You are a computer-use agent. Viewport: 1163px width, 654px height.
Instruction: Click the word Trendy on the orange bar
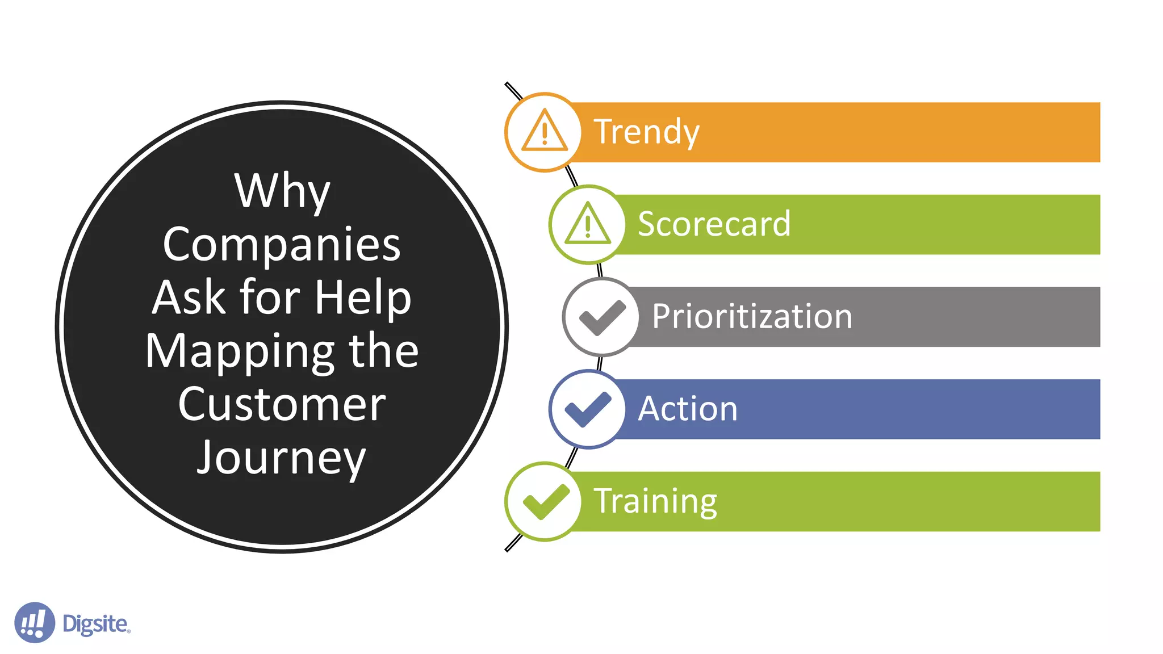click(x=646, y=132)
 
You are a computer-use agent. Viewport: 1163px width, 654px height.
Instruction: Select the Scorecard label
click(x=714, y=224)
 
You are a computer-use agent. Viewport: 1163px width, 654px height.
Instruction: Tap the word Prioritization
click(x=752, y=316)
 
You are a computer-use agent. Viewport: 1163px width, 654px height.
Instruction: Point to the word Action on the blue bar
click(x=688, y=409)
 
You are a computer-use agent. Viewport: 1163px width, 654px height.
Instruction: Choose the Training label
click(x=655, y=501)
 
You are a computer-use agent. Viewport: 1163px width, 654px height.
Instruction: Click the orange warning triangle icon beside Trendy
click(x=544, y=132)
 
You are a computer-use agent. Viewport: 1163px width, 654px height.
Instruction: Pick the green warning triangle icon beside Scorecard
click(x=588, y=224)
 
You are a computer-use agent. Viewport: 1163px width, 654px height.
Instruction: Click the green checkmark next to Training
click(x=545, y=501)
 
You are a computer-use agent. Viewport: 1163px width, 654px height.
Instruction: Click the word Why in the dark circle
click(x=282, y=191)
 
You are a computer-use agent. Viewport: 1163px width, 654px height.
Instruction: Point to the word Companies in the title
click(x=282, y=245)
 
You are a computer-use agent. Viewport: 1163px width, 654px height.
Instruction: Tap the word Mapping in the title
click(x=239, y=351)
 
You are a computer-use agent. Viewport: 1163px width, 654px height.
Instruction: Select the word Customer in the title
click(x=282, y=404)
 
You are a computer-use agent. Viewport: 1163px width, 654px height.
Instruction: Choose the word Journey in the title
click(x=282, y=458)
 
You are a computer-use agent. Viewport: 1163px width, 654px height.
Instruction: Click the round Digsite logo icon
click(x=34, y=623)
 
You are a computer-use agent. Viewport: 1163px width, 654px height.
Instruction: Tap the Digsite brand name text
click(x=95, y=623)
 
